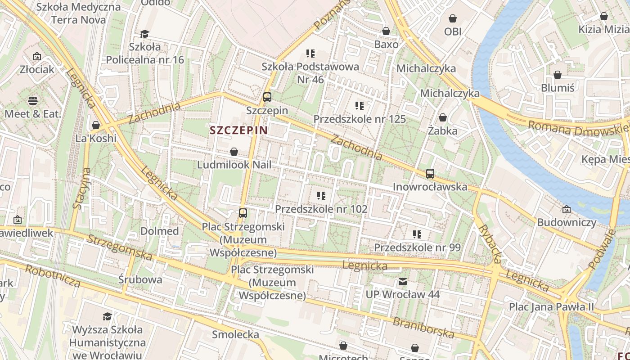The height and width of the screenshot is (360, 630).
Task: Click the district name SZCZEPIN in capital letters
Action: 238,130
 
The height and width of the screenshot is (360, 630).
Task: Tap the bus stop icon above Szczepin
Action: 267,97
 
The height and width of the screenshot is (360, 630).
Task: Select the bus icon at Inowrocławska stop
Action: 430,173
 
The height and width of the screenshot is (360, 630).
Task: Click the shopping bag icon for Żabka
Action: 443,117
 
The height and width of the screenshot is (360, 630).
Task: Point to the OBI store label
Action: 453,32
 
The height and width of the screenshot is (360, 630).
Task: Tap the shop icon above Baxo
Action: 386,31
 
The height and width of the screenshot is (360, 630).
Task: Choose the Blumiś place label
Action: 558,88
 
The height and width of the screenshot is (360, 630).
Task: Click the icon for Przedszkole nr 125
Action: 359,106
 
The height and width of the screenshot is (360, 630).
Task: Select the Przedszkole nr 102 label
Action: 321,209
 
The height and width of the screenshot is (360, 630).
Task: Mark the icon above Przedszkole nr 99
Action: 417,234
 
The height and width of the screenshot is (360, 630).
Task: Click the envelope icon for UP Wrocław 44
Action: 403,282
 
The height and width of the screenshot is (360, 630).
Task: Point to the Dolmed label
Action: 159,231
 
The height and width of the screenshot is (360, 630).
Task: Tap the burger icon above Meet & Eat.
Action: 33,100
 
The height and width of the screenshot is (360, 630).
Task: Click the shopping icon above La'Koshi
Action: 95,125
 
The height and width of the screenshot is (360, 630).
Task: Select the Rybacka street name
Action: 490,243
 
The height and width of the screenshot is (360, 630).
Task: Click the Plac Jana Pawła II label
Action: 551,307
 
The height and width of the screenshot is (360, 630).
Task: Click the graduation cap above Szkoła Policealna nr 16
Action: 144,34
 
